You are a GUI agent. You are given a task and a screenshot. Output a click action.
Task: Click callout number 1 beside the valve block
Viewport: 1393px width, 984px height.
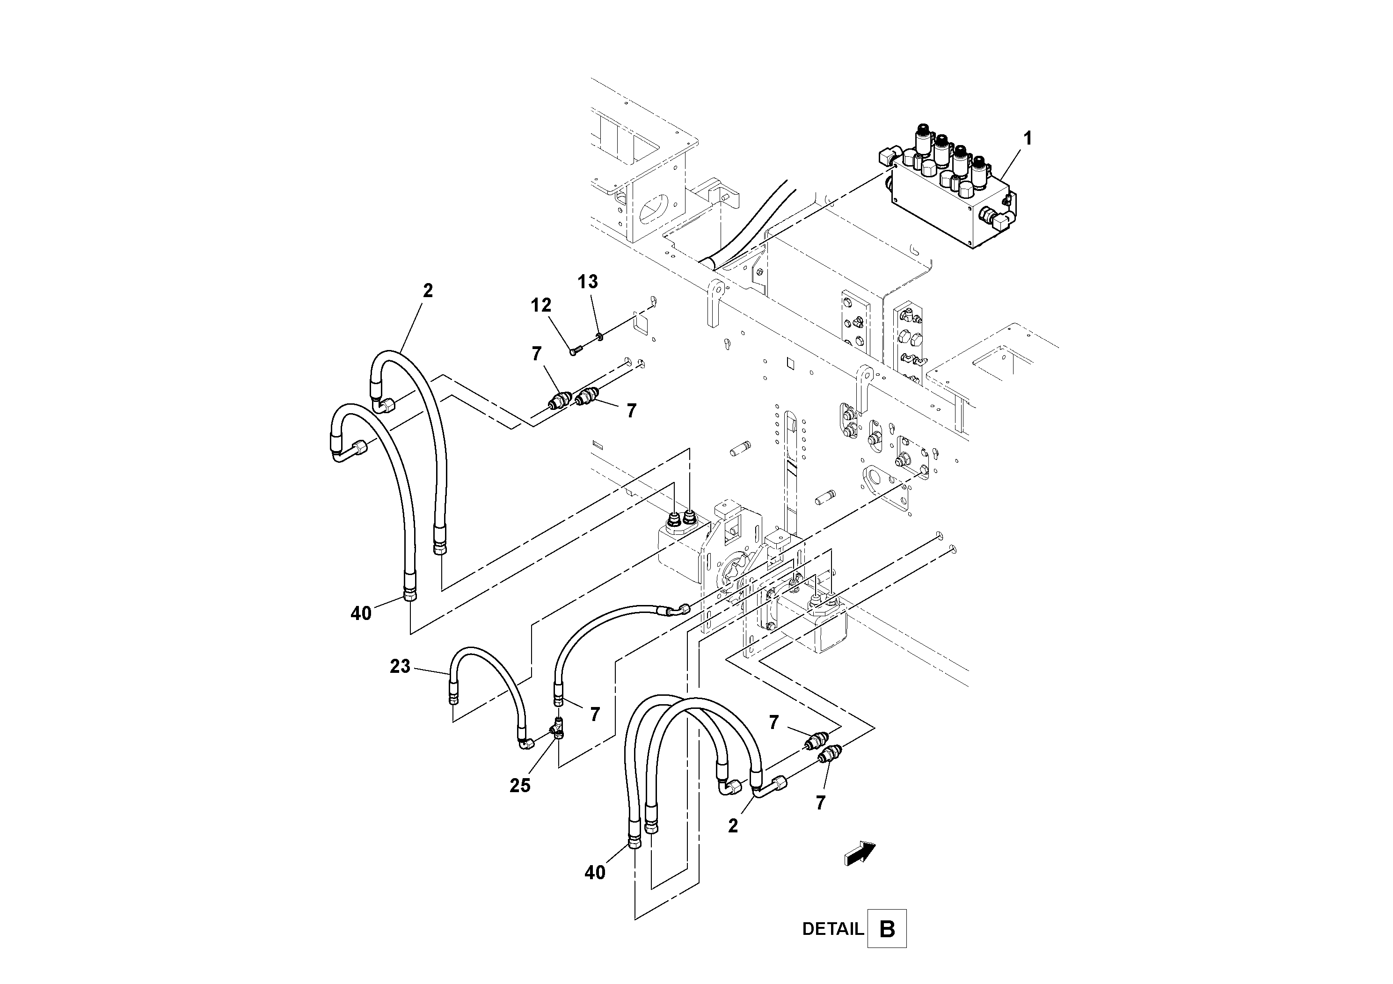(1027, 139)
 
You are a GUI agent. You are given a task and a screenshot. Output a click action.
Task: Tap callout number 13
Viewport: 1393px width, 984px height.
(587, 282)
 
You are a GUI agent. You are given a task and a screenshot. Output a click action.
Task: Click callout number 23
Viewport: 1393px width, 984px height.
(400, 667)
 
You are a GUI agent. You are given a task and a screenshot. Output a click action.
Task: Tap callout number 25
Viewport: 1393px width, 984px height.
(520, 786)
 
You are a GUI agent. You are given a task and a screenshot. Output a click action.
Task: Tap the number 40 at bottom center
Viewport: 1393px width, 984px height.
(595, 872)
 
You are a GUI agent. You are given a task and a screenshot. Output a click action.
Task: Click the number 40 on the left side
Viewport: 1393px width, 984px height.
(361, 614)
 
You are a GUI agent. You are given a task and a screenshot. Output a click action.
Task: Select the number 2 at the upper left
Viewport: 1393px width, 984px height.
(428, 291)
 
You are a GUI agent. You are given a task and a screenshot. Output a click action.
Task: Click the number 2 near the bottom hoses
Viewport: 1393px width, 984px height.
(733, 826)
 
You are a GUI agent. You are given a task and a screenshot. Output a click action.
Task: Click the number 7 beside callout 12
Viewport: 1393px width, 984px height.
(536, 354)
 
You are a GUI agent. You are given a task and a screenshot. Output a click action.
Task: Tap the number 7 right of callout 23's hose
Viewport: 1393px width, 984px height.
(595, 714)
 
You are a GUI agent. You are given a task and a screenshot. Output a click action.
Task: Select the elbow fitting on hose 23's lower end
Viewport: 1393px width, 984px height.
(525, 742)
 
